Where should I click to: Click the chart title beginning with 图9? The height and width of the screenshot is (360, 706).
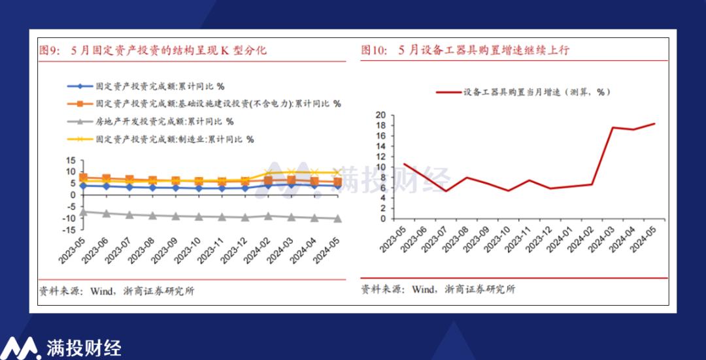(x=154, y=50)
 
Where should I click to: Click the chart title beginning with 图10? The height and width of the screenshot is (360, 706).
(x=465, y=50)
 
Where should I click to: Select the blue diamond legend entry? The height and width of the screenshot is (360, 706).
(x=146, y=86)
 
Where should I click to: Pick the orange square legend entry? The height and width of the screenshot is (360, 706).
(x=204, y=103)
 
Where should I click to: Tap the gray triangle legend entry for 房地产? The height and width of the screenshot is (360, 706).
(x=151, y=122)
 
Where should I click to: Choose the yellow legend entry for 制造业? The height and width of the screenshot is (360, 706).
(x=161, y=139)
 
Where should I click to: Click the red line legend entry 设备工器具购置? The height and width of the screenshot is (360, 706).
(x=523, y=92)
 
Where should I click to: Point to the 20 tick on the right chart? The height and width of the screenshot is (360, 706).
(x=381, y=115)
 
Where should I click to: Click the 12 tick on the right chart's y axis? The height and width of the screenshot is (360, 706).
(x=381, y=157)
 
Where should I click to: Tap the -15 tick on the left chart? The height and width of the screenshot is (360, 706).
(x=70, y=230)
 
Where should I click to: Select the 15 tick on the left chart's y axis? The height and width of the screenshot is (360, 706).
(x=71, y=160)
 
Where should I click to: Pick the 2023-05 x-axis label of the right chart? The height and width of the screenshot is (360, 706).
(x=393, y=239)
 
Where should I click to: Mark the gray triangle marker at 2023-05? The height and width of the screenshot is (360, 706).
(x=83, y=212)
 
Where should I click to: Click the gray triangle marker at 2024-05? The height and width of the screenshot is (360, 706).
(x=337, y=219)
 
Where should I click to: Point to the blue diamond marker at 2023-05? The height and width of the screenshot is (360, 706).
(x=83, y=186)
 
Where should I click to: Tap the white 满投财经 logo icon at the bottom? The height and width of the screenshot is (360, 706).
(x=22, y=347)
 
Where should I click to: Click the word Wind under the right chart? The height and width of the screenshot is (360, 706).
(x=422, y=289)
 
